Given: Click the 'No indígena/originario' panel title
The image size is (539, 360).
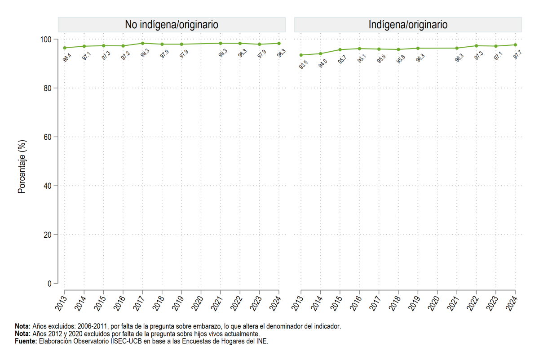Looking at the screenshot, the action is click(172, 25).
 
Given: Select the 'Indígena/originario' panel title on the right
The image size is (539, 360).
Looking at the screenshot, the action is click(408, 25).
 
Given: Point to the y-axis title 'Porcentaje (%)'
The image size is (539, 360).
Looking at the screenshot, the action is click(22, 167).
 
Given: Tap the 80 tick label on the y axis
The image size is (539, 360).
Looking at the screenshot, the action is click(48, 89).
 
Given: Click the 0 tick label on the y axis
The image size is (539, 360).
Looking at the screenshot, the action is click(49, 284).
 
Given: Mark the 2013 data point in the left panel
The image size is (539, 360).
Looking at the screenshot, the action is click(65, 48).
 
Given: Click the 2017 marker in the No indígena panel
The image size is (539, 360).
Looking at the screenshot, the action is click(142, 43).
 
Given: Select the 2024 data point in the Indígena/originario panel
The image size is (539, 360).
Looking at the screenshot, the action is click(515, 45).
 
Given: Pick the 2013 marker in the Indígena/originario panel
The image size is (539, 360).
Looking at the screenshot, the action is click(301, 55).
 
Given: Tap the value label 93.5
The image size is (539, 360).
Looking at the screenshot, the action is click(303, 65).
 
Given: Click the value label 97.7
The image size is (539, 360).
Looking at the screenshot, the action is click(517, 54).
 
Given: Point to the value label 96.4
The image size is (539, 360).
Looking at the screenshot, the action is click(67, 58).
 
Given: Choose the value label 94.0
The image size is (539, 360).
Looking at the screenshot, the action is click(323, 63).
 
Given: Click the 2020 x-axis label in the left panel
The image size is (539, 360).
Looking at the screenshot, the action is click(197, 303).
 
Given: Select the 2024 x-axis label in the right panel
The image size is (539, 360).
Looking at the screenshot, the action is click(512, 303).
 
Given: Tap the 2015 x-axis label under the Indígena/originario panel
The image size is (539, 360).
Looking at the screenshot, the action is click(336, 303).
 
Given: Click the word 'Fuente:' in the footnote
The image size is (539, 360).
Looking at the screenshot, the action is click(26, 341).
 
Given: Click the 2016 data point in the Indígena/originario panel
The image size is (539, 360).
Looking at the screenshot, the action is click(359, 49).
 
